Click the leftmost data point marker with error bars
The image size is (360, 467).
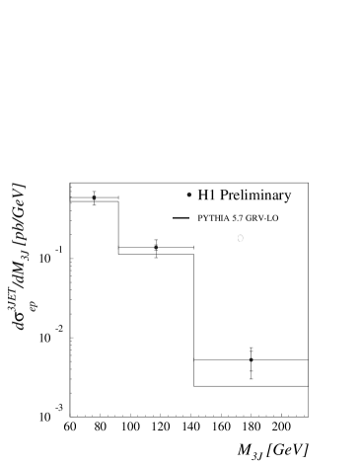click(94, 197)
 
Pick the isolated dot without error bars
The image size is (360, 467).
click(188, 195)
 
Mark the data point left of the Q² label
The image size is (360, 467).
click(156, 248)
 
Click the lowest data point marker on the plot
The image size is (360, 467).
click(252, 360)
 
